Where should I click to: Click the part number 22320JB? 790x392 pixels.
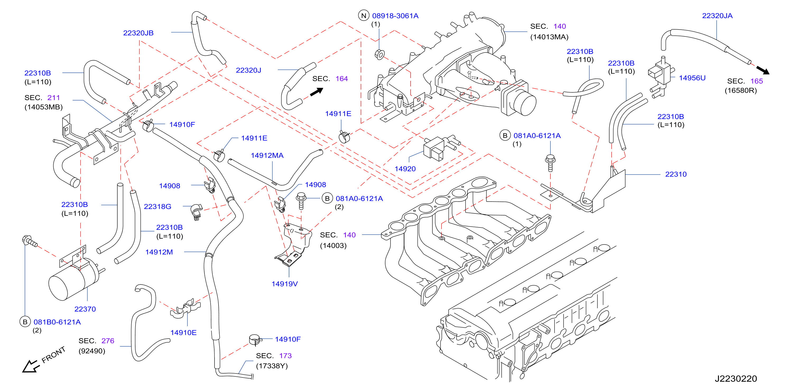[138, 33]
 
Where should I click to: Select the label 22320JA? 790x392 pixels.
[717, 16]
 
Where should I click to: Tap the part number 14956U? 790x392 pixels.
[692, 78]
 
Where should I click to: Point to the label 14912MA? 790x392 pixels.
[267, 155]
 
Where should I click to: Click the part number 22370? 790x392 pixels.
[85, 309]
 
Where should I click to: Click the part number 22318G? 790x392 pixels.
[158, 207]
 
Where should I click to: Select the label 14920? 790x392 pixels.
[405, 169]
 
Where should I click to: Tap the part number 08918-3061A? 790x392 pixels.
[395, 16]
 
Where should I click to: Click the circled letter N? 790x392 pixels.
[364, 16]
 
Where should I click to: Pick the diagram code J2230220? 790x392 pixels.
[736, 379]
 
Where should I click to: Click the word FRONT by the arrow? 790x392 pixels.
[53, 355]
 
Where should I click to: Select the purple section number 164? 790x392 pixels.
[342, 79]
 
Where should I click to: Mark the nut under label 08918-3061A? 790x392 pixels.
[379, 55]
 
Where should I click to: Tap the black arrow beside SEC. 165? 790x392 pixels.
[763, 70]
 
